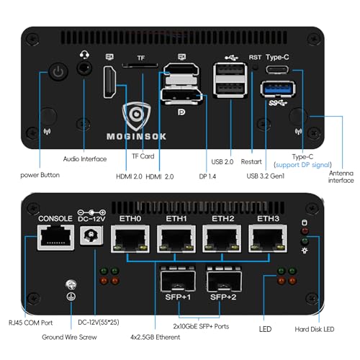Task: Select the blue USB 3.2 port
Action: click(x=276, y=89)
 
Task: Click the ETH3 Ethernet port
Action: click(x=267, y=240)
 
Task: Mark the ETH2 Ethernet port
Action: click(x=221, y=240)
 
